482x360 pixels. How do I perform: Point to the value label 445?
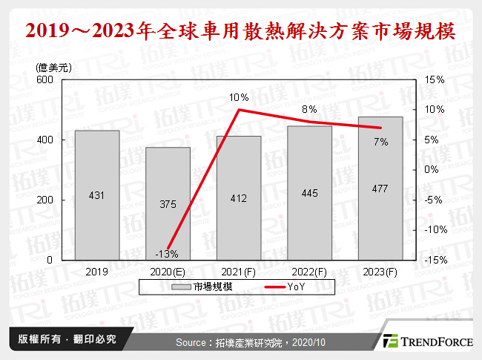click(x=310, y=194)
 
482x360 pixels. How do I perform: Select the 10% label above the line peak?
click(x=239, y=97)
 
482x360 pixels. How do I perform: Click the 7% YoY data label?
click(x=381, y=142)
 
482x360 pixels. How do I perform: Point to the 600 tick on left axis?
click(x=44, y=79)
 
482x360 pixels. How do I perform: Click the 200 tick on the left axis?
click(x=44, y=200)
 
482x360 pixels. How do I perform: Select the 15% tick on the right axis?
click(x=435, y=79)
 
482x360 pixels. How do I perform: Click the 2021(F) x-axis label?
click(x=239, y=272)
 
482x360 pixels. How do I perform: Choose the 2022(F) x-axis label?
click(x=310, y=272)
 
